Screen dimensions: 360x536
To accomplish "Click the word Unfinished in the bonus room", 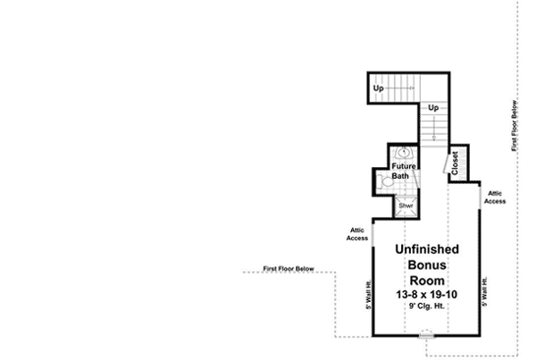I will point(427,249).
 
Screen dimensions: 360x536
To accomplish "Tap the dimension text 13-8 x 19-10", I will point(427,294).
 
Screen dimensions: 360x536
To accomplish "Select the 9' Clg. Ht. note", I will point(427,306).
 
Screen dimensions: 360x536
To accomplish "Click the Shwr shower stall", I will point(405,205).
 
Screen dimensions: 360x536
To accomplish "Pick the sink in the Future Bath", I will point(403,153).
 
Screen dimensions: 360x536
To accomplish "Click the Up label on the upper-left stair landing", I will point(379,88).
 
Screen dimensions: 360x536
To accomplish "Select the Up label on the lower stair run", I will point(434,108).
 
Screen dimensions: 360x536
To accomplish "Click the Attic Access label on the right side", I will point(495,197).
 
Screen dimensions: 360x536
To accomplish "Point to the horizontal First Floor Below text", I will point(289,268).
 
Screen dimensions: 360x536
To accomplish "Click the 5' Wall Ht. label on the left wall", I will point(367,294).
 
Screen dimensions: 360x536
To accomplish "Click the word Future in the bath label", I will point(402,165).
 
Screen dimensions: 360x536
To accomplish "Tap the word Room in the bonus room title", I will point(427,280).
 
